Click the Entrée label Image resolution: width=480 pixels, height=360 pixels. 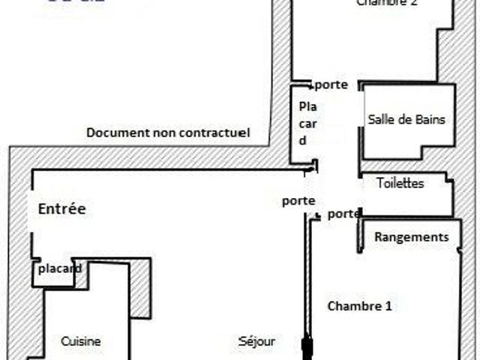(62, 209)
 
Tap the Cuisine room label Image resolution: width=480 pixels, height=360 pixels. (81, 341)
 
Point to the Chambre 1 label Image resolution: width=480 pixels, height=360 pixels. (360, 306)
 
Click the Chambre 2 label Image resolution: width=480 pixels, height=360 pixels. (387, 3)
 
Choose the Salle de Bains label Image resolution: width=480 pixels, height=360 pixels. (406, 119)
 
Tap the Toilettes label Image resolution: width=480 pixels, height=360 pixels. (400, 183)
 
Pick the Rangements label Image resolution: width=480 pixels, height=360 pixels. (412, 237)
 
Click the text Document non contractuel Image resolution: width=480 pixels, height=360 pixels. (168, 133)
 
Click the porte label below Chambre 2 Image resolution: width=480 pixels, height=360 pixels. (331, 85)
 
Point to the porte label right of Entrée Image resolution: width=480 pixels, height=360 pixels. (298, 201)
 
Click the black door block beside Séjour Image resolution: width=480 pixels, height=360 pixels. (306, 348)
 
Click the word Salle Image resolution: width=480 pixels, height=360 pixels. (380, 119)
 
